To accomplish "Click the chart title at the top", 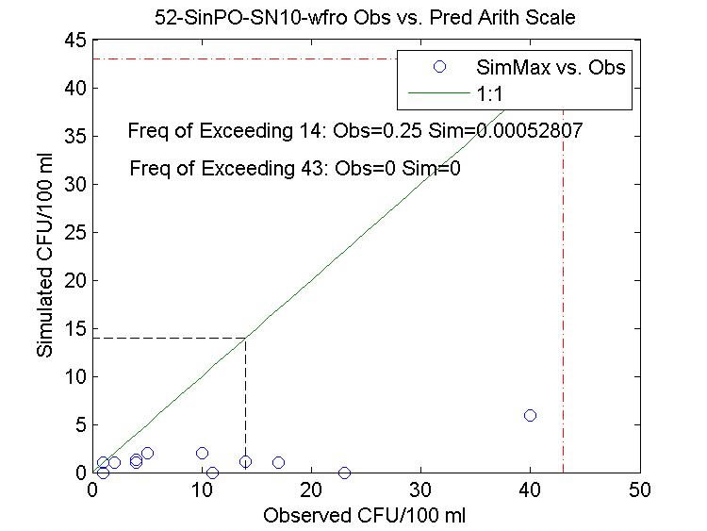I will (365, 18).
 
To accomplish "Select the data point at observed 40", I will (530, 415).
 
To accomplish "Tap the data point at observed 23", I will (344, 473).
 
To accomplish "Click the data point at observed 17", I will (278, 462).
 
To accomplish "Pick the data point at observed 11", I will (212, 473).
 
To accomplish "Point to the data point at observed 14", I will (245, 461).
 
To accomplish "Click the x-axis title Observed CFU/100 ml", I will (365, 516).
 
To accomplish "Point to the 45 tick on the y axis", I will (75, 41).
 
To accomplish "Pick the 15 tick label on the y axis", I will (75, 328).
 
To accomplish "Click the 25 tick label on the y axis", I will (75, 232).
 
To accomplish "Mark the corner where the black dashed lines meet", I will (246, 338).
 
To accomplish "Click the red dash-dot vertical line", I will (564, 283).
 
